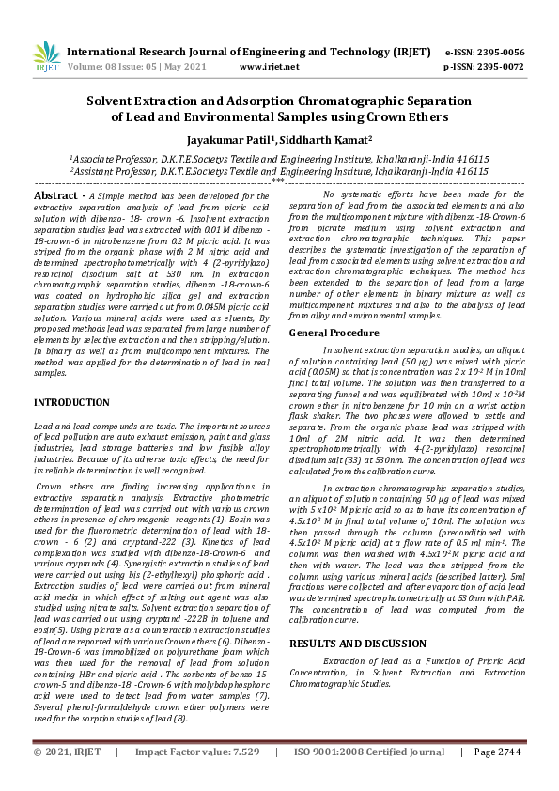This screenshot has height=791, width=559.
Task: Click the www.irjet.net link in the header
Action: coord(270,67)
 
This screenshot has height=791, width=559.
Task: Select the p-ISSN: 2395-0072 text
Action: coord(484,67)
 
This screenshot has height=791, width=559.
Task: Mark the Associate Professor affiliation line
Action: coord(279,161)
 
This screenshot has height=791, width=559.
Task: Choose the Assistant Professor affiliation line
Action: coord(279,172)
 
